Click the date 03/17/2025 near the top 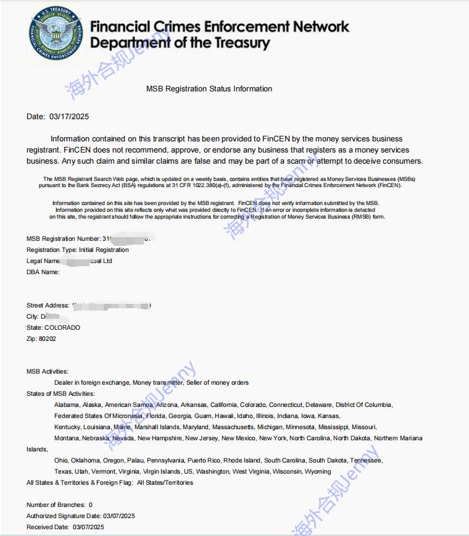69,116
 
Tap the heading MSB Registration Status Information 209,89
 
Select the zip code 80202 47,338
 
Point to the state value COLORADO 62,327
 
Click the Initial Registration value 104,250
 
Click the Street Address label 48,306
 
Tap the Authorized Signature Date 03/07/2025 120,516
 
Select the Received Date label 48,527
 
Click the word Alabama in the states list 67,405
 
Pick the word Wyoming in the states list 318,472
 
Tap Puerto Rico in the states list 204,461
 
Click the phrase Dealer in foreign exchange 92,383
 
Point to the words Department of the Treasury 180,43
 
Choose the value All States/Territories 165,483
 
